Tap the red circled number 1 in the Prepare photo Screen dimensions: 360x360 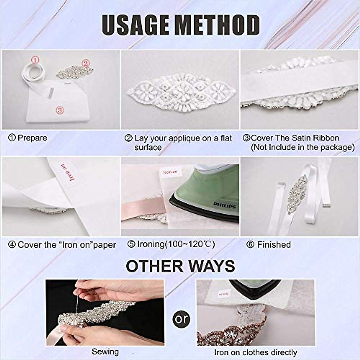35,61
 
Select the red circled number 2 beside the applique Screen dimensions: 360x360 86,63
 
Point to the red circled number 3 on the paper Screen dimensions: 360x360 60,110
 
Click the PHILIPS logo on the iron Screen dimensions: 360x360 224,205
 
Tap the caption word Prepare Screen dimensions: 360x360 32,138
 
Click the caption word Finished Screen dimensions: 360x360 274,245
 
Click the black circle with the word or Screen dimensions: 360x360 181,319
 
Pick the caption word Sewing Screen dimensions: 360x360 105,352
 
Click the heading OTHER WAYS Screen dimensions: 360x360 180,266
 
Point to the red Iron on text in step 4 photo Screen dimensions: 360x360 67,172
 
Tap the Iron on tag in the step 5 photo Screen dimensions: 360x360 170,172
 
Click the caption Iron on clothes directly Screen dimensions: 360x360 255,352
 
